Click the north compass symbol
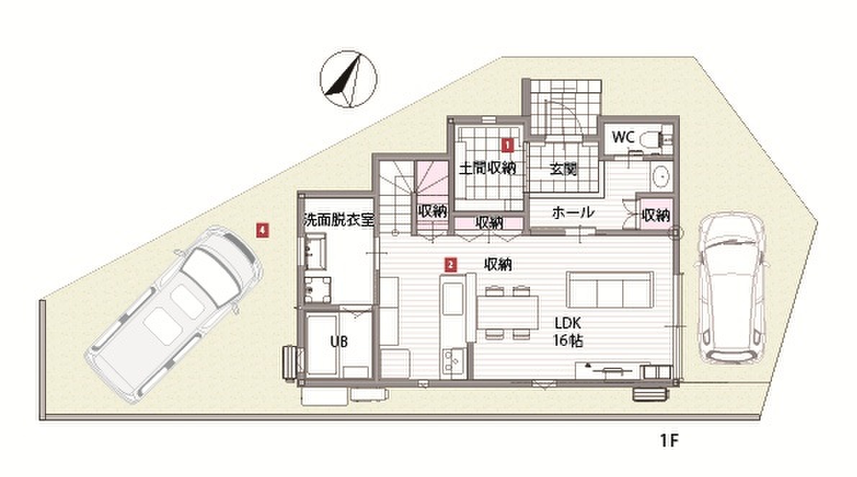[x=349, y=79]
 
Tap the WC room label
[x=623, y=137]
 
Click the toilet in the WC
[x=652, y=137]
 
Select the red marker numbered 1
[x=507, y=145]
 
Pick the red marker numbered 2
[x=450, y=265]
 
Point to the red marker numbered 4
[x=263, y=231]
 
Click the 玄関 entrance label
[x=562, y=169]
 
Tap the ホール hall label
[x=573, y=212]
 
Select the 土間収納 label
[x=487, y=167]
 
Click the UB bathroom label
[x=339, y=342]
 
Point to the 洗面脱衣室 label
[x=339, y=220]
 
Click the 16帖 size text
[x=567, y=341]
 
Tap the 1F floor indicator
[x=669, y=441]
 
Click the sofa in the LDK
[x=609, y=289]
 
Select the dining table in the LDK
[x=507, y=312]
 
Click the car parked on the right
[x=730, y=289]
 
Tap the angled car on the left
[x=174, y=316]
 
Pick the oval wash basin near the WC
[x=660, y=177]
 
